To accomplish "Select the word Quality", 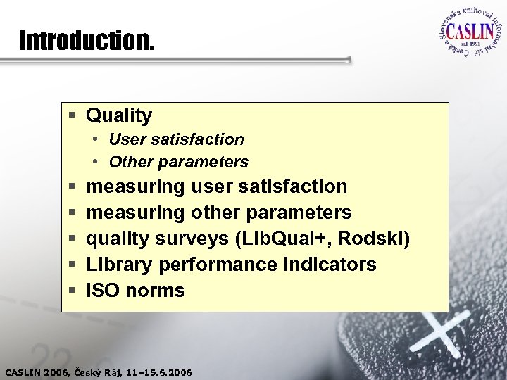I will (119, 115).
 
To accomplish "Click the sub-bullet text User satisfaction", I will (176, 139).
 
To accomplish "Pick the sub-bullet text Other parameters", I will (179, 162).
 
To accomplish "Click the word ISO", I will (103, 290).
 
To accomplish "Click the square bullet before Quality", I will (73, 115).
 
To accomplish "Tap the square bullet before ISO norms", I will (73, 291).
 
